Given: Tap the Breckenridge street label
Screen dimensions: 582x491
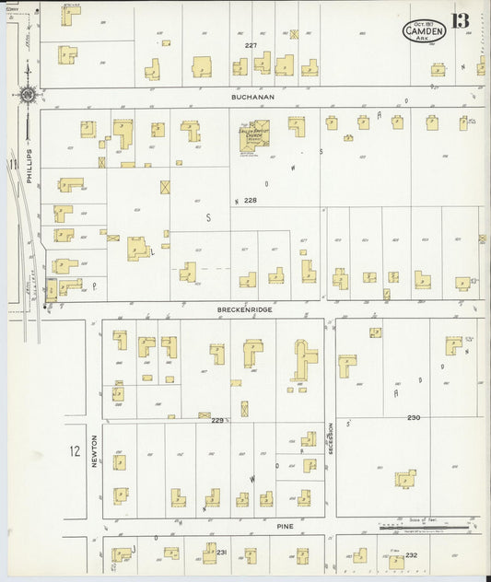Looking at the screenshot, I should pyautogui.click(x=245, y=309).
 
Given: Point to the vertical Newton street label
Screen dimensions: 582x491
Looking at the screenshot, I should pyautogui.click(x=94, y=452).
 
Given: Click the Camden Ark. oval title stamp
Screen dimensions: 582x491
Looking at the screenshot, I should pyautogui.click(x=424, y=31).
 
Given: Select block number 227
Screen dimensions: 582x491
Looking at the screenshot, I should pyautogui.click(x=251, y=45).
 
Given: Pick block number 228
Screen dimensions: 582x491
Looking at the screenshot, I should pyautogui.click(x=249, y=200).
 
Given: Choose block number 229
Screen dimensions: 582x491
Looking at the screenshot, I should pyautogui.click(x=216, y=420).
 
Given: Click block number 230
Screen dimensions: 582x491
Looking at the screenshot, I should pyautogui.click(x=414, y=417).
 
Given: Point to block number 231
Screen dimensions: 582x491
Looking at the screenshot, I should pyautogui.click(x=221, y=552).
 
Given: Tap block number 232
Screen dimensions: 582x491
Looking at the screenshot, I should pyautogui.click(x=411, y=554).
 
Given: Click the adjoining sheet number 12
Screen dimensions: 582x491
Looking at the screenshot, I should pyautogui.click(x=74, y=451).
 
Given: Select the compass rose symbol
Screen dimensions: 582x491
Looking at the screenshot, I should pyautogui.click(x=28, y=94).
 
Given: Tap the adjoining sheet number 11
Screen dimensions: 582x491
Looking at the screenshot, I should pyautogui.click(x=13, y=165).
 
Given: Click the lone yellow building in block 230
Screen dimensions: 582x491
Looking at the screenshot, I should pyautogui.click(x=404, y=478).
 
